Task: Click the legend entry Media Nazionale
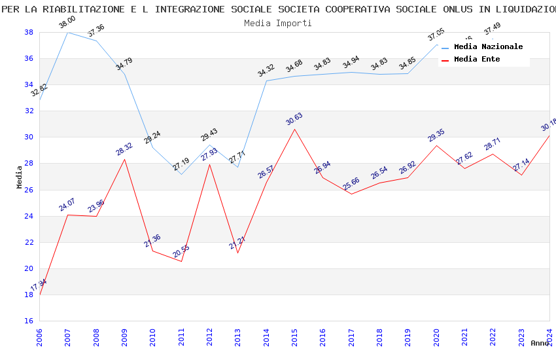(x=488, y=47)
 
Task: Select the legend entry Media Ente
(x=477, y=60)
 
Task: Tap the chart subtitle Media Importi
(x=278, y=23)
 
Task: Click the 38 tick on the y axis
(x=29, y=32)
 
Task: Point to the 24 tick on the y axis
(x=29, y=216)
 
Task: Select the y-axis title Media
(x=20, y=177)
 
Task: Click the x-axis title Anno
(x=540, y=343)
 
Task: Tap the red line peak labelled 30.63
(x=294, y=129)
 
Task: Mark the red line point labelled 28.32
(x=124, y=159)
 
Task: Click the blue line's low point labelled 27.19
(x=181, y=174)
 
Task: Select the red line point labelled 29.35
(x=436, y=145)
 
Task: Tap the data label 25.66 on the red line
(x=351, y=184)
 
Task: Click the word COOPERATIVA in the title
(x=353, y=9)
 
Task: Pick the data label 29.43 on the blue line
(x=209, y=135)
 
